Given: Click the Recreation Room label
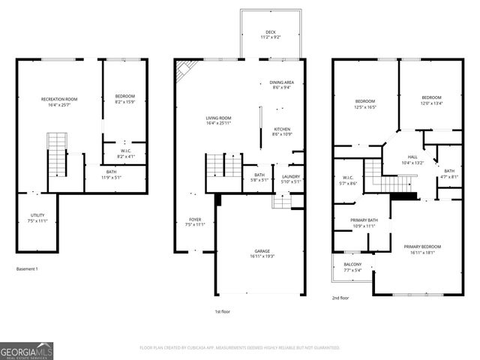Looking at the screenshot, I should (x=59, y=102).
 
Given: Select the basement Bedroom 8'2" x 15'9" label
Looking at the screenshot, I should (x=124, y=99).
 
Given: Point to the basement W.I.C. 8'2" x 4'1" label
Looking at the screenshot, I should (x=127, y=154).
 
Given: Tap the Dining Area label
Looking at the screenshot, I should (x=280, y=85).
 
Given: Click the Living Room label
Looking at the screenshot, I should (x=219, y=121).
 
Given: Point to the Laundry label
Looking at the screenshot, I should (x=290, y=178).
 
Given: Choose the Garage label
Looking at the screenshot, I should (x=262, y=253).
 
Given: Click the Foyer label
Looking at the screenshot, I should (x=193, y=222).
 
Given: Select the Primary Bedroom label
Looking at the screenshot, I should (x=421, y=250).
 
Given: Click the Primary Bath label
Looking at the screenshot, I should (x=364, y=223).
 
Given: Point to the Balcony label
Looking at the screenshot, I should (x=352, y=267).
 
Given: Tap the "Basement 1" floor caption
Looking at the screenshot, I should (x=26, y=268).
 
